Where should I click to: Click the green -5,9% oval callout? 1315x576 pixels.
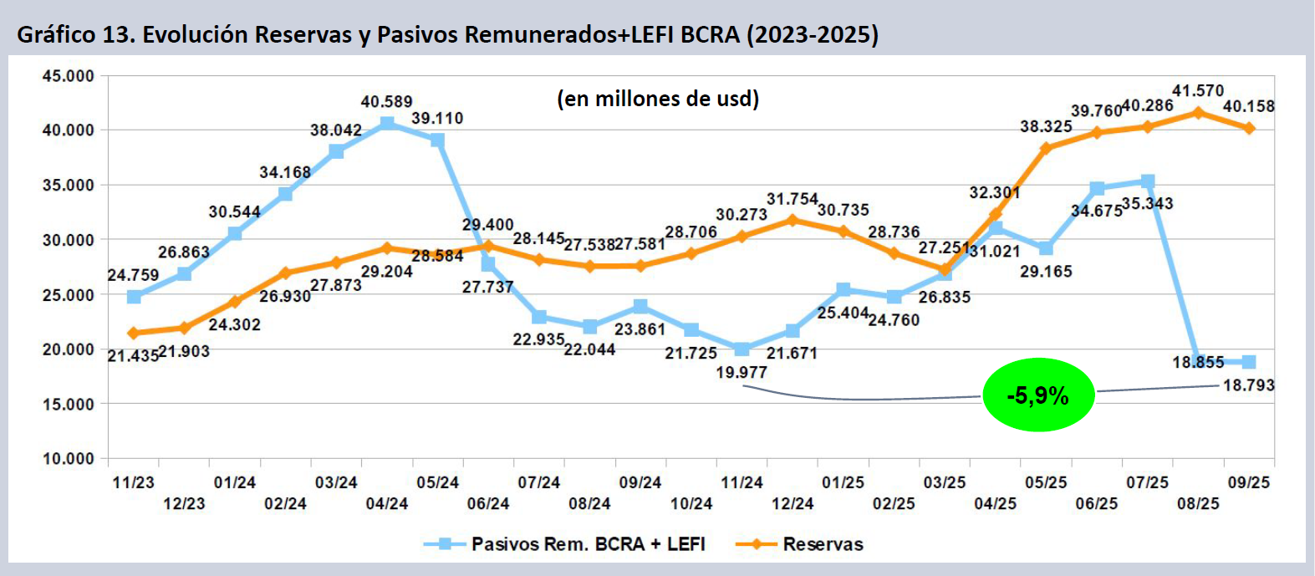1037,395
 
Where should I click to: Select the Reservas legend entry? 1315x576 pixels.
823,544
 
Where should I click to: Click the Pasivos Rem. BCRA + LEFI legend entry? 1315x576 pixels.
588,544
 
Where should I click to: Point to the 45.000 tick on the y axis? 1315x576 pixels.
68,76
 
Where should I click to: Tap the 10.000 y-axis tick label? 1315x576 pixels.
68,458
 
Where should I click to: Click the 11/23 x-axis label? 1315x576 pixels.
133,482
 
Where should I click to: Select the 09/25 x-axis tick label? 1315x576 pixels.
1248,482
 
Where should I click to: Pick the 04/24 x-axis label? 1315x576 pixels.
386,503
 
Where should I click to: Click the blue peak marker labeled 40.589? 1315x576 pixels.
387,124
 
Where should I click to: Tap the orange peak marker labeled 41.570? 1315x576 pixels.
1198,112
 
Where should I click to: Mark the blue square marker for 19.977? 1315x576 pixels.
742,349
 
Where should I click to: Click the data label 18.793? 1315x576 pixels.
1248,385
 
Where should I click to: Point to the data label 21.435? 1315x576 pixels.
133,356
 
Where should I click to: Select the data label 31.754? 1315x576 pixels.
792,199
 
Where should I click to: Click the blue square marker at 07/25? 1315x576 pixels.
1148,181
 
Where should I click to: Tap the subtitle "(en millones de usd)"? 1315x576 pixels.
658,99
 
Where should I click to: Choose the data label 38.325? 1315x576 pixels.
1046,127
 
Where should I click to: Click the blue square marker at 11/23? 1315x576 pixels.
134,297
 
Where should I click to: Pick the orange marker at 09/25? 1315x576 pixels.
1249,128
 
